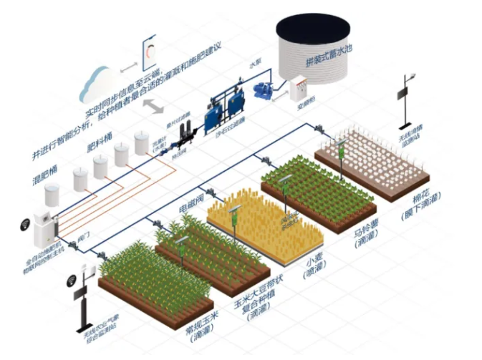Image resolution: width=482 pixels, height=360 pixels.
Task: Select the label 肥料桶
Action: pos(97,140)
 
